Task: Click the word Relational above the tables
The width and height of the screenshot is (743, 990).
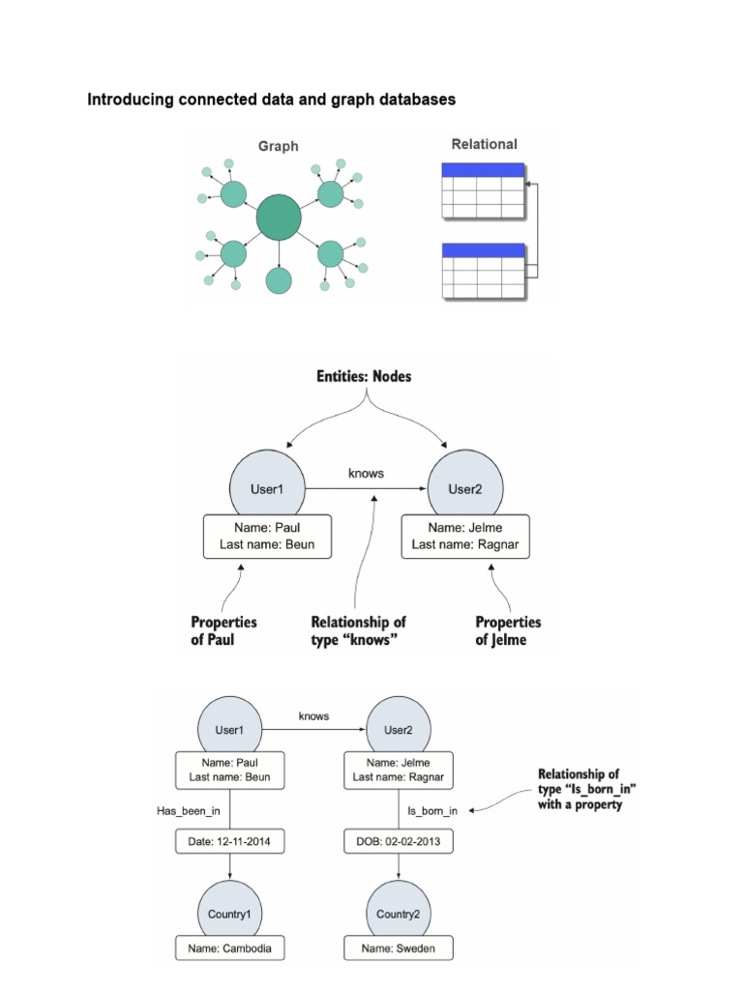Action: click(x=485, y=144)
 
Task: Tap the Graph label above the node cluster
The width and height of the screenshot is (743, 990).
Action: click(x=278, y=147)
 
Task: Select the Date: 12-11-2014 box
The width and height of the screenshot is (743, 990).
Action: click(x=229, y=842)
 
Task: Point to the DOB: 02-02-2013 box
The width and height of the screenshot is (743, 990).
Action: click(x=398, y=842)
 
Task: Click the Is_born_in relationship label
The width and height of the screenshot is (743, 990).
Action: click(x=432, y=810)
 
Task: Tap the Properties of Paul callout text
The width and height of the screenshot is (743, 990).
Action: click(x=223, y=630)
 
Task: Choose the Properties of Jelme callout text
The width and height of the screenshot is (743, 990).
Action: click(x=508, y=630)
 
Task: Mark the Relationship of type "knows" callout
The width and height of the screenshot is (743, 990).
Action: click(x=358, y=630)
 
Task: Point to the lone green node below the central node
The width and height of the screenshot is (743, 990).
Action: click(x=279, y=280)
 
